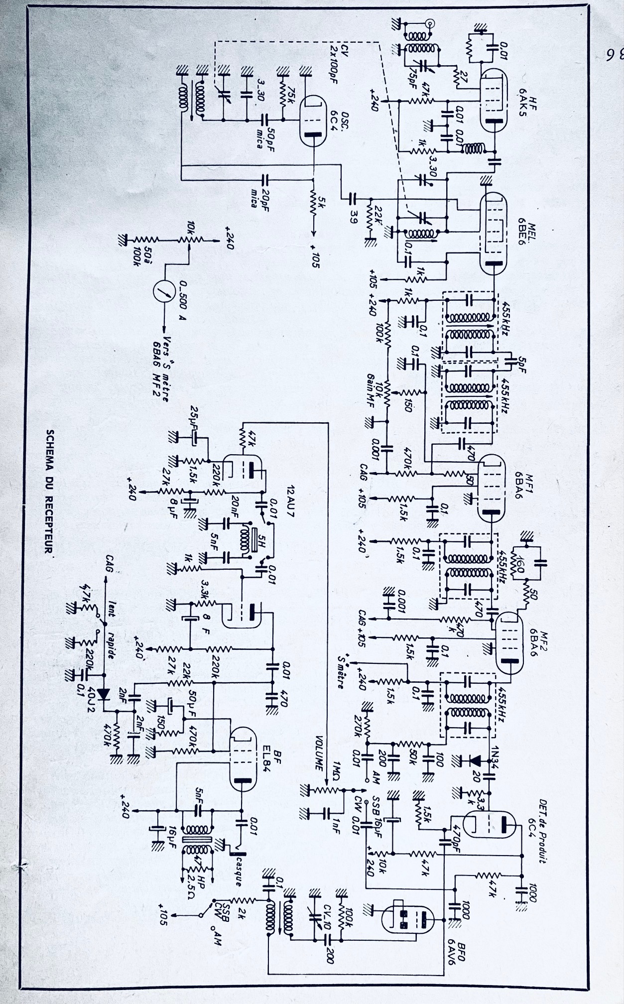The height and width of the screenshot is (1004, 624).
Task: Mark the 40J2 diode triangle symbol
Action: pyautogui.click(x=104, y=693)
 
